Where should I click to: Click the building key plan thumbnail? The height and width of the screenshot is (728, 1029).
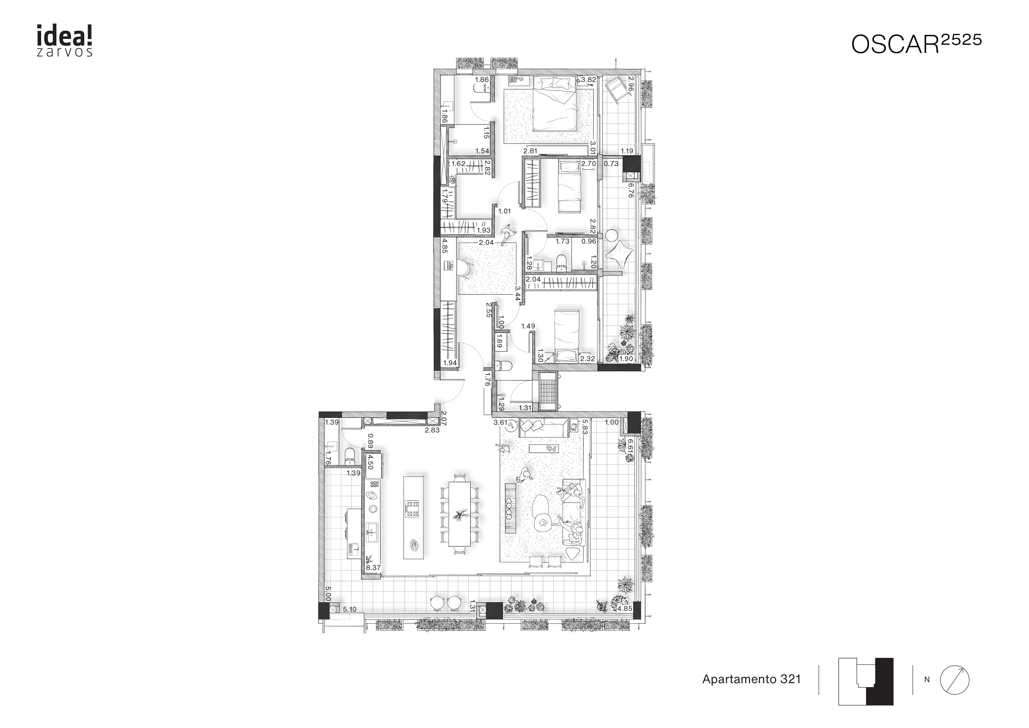pyautogui.click(x=866, y=681)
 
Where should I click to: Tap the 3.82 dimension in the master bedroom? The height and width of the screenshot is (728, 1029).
pyautogui.click(x=588, y=80)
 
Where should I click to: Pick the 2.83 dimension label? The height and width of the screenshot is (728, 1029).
pyautogui.click(x=432, y=430)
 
